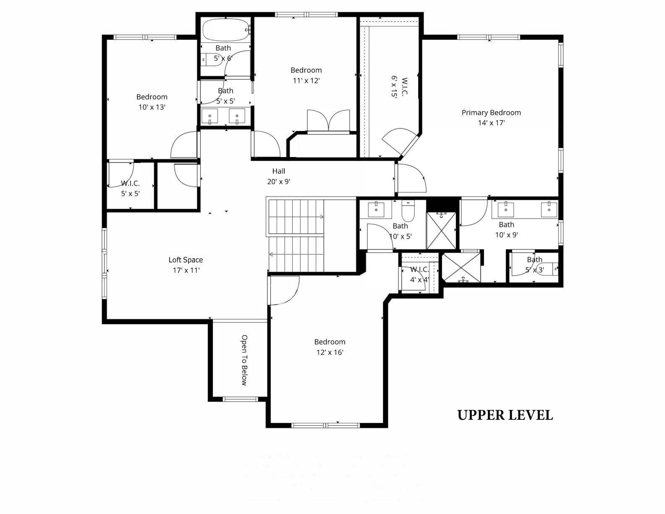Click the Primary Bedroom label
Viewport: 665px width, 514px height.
click(491, 113)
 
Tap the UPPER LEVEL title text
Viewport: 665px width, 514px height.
click(505, 415)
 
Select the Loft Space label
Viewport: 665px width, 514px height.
click(186, 260)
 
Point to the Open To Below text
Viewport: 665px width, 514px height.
click(244, 360)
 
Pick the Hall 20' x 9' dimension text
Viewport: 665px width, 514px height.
click(278, 182)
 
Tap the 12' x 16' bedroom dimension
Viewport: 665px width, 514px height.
click(330, 352)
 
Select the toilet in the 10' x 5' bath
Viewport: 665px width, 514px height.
click(408, 211)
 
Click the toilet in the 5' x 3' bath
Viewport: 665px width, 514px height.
click(549, 267)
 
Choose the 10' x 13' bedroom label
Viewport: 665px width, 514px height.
click(152, 107)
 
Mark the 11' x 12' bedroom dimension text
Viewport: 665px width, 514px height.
click(306, 81)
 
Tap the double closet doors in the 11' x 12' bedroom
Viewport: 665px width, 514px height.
click(328, 121)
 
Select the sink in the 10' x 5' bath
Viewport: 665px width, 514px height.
click(376, 209)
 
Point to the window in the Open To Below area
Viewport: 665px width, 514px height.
click(240, 399)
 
